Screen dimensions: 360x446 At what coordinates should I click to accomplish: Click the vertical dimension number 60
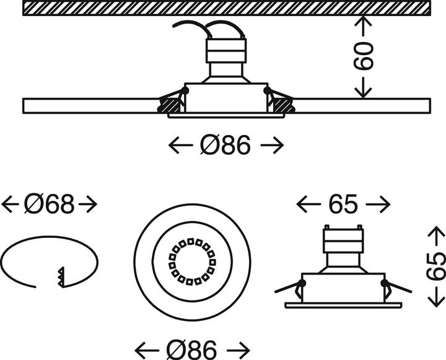(x=364, y=56)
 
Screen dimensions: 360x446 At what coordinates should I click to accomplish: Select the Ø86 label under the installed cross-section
(x=226, y=146)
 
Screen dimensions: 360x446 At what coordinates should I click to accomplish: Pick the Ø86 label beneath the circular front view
(x=192, y=346)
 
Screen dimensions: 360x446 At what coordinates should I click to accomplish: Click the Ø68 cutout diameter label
(x=50, y=204)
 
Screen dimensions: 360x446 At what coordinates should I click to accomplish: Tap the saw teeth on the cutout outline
(x=61, y=276)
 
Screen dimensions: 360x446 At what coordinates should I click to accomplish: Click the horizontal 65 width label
(x=343, y=204)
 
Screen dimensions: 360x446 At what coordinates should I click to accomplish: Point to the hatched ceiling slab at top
(x=226, y=8)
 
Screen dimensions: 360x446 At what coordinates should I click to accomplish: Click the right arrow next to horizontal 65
(x=378, y=204)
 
